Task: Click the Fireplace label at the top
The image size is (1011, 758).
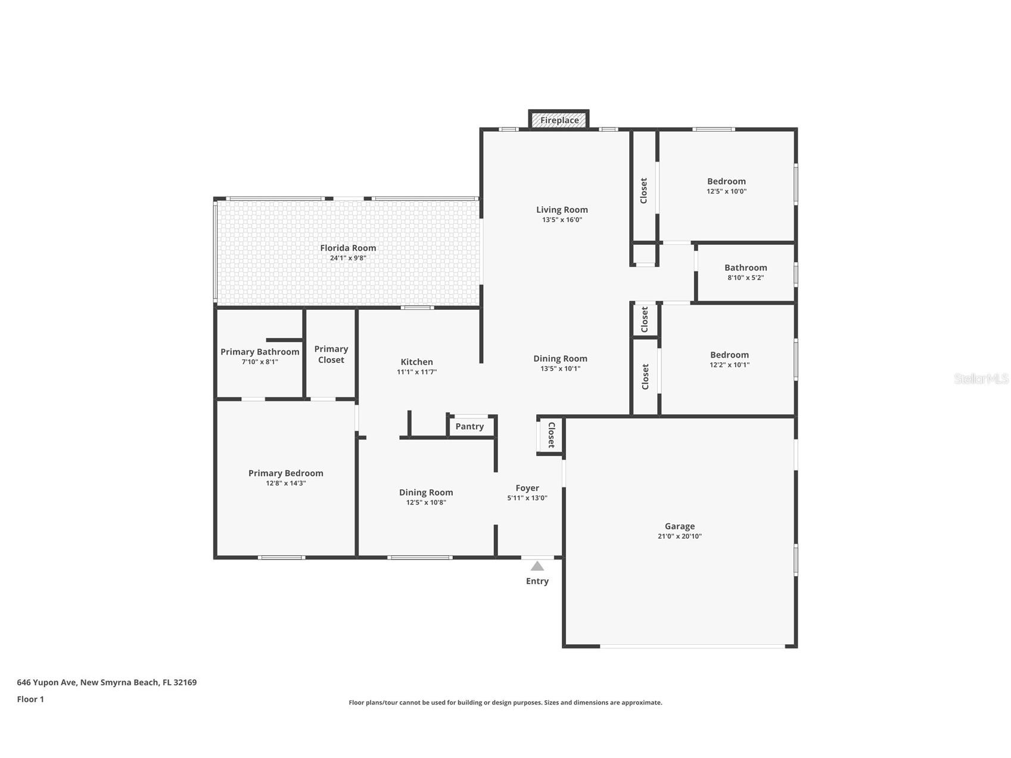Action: click(559, 120)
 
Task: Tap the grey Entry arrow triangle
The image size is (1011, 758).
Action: click(537, 566)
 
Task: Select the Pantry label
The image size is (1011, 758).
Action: click(469, 427)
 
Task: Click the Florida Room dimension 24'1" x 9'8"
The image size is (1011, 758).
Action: click(348, 259)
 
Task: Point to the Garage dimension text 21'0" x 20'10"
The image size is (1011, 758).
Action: click(679, 536)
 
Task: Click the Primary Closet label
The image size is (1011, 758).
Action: click(331, 355)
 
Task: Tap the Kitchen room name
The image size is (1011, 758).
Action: click(416, 362)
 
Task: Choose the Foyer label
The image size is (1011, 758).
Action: click(527, 488)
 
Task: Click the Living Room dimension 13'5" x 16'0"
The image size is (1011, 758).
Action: click(562, 220)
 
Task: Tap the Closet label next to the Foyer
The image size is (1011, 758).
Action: click(551, 435)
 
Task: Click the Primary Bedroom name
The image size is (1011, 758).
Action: click(286, 473)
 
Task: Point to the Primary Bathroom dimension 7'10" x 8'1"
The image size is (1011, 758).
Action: click(260, 362)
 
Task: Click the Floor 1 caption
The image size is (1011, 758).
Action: click(30, 700)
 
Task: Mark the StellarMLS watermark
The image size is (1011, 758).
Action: click(981, 378)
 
